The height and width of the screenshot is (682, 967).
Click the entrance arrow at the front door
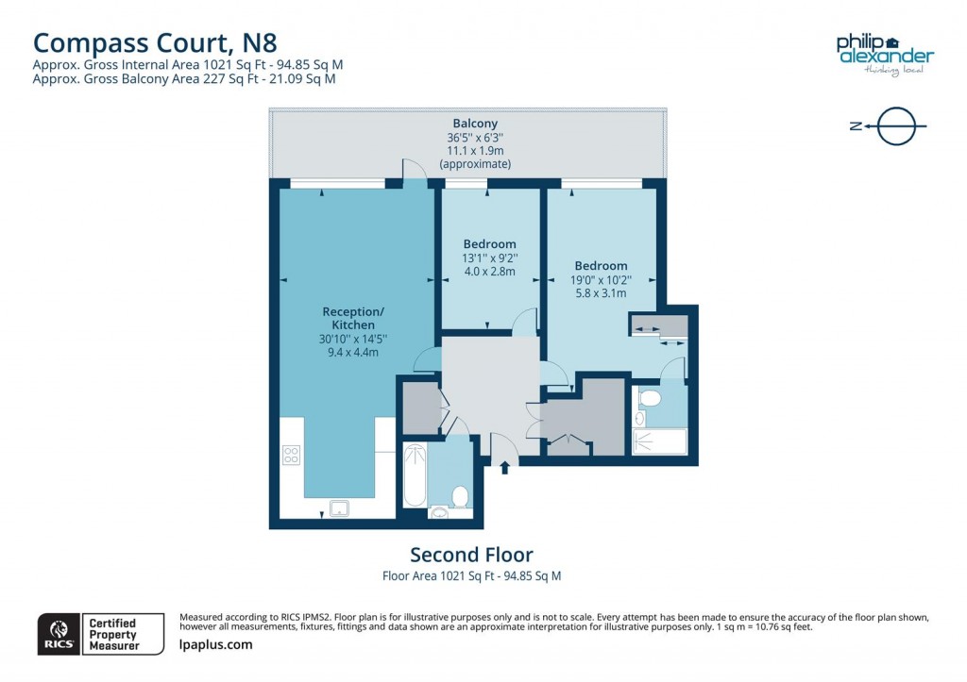pos(504,465)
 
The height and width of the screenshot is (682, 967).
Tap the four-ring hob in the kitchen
pos(291,456)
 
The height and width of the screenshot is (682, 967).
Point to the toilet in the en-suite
pos(650,398)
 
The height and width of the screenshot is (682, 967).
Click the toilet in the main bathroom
pos(460,496)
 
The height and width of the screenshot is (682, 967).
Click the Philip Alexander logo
pos(884,53)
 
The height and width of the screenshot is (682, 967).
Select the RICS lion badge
pos(58,633)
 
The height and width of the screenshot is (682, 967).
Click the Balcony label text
pos(475,124)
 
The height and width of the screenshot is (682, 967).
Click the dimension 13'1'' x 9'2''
pos(489,258)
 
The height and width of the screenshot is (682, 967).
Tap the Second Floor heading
pos(471,555)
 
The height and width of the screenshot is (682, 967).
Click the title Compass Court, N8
pos(155,42)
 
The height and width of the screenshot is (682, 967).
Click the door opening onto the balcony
pos(414,170)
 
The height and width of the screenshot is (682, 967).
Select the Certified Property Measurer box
pos(112,634)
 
